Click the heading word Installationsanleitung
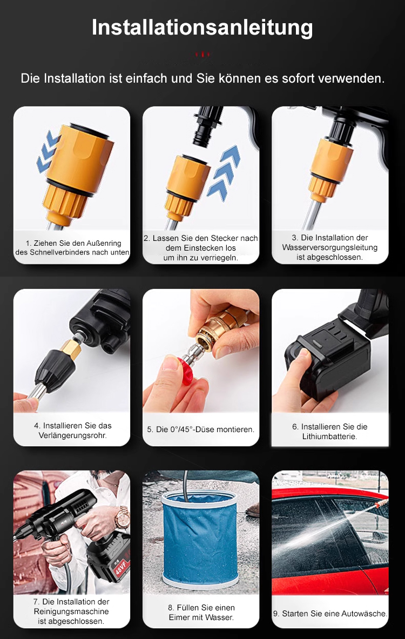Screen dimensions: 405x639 pyautogui.click(x=202, y=28)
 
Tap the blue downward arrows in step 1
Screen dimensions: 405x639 pyautogui.click(x=48, y=151)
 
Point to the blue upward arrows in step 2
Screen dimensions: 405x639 pyautogui.click(x=224, y=172)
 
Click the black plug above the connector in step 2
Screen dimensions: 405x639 pyautogui.click(x=208, y=126)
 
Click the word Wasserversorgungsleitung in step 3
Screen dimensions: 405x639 pyautogui.click(x=329, y=247)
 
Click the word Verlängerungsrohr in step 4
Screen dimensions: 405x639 pyautogui.click(x=72, y=436)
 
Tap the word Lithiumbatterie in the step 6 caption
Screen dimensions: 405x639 pyautogui.click(x=329, y=436)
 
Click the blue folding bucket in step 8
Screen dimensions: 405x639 pyautogui.click(x=200, y=538)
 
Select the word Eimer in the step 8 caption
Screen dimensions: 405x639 pyautogui.click(x=180, y=617)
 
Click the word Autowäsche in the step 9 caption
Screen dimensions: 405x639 pyautogui.click(x=363, y=614)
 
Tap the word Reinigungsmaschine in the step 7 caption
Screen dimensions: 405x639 pyautogui.click(x=72, y=611)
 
